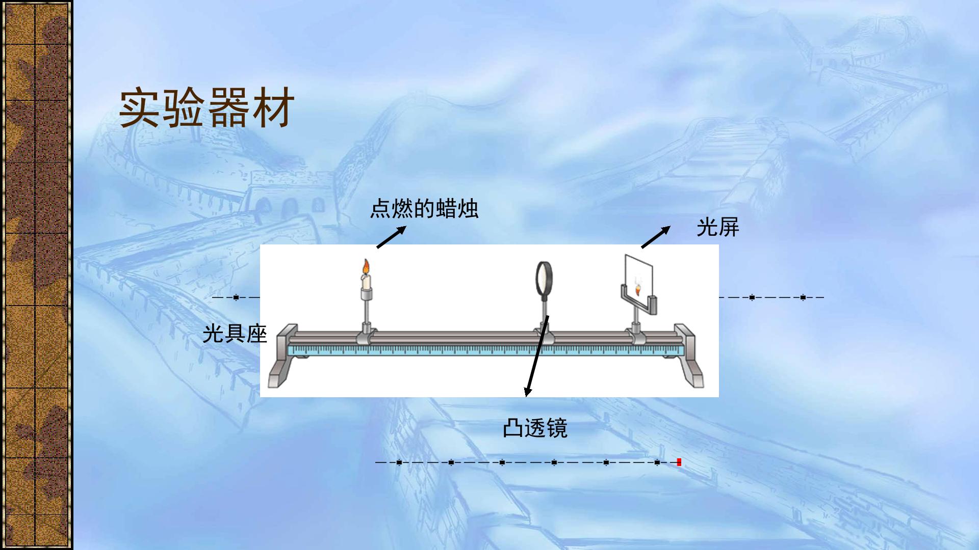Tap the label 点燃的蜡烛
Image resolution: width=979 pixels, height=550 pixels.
[424, 209]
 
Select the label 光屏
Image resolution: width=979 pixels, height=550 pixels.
[718, 227]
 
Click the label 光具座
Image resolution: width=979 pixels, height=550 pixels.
[235, 334]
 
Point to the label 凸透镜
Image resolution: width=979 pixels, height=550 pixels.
[535, 428]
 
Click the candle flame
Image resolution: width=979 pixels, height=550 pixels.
[366, 267]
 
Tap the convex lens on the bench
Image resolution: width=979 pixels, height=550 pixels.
[544, 278]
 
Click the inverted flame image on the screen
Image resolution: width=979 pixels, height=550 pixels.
[638, 291]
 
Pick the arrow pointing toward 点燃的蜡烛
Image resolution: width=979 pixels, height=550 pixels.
[391, 237]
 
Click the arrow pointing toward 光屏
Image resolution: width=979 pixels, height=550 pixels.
[656, 237]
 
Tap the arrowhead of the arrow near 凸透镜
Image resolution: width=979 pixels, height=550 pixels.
[528, 391]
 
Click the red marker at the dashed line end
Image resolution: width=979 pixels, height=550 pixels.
[679, 462]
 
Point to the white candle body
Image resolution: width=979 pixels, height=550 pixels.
[366, 282]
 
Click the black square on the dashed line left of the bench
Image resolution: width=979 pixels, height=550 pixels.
[236, 297]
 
